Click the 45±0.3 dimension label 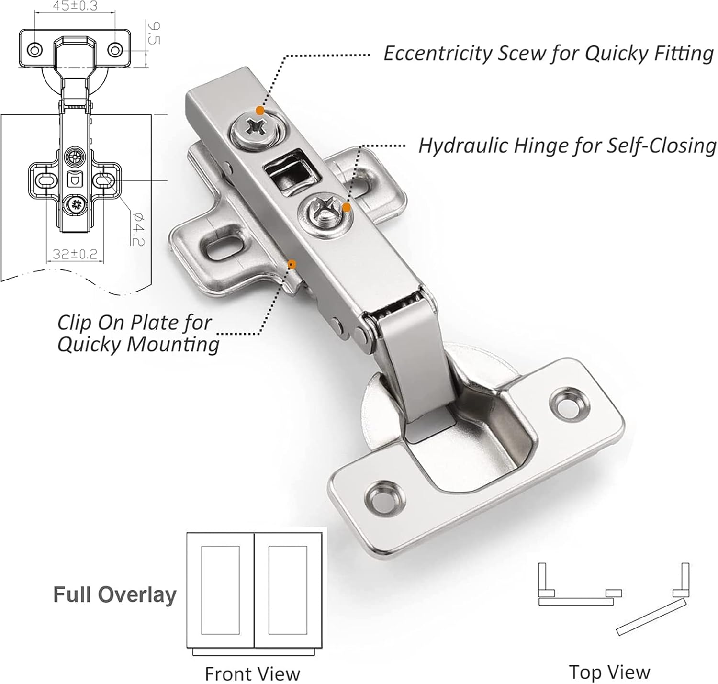point(75,6)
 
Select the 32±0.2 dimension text point(75,254)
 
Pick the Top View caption point(609,672)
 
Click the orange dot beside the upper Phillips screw point(260,111)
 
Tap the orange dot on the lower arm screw point(347,208)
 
